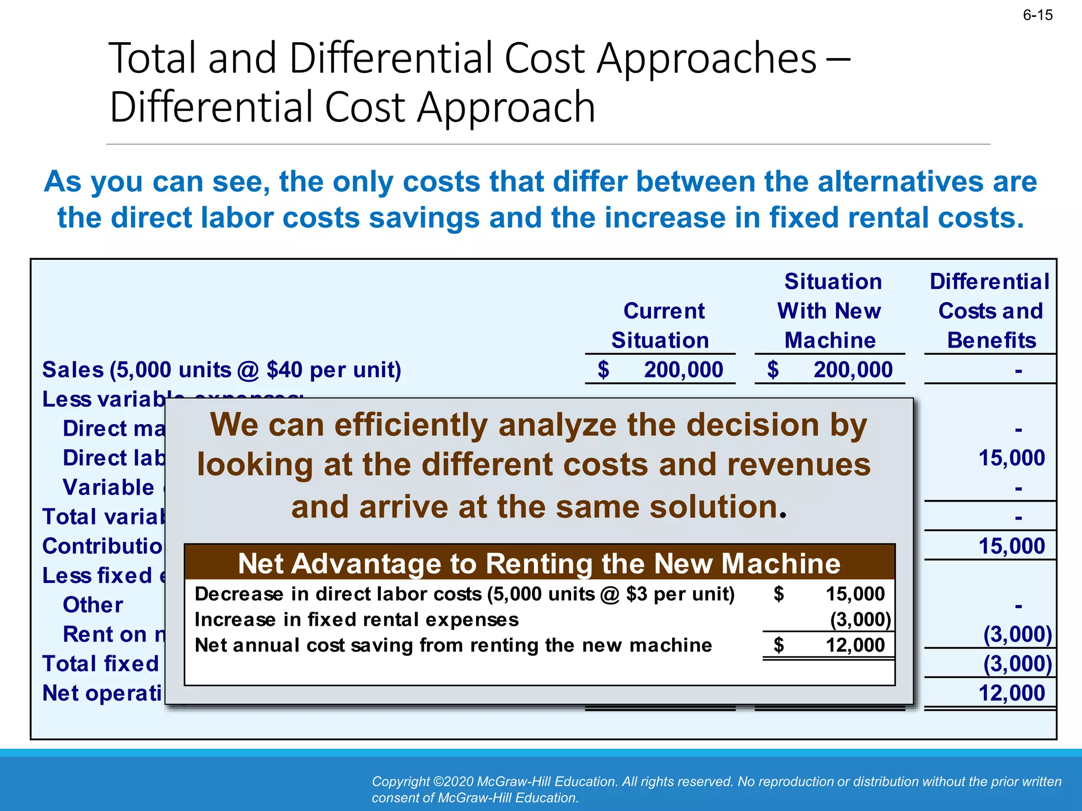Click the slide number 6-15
1037,15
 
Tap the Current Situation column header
661,325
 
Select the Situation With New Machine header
830,311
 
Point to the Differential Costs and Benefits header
990,311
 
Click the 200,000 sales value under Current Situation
683,370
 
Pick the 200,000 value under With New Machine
852,370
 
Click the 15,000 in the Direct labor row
1011,458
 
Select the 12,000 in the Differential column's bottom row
1011,693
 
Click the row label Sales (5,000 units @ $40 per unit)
222,370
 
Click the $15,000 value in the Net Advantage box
854,594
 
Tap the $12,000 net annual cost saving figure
854,645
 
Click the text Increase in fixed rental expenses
357,619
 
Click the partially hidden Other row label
93,605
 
